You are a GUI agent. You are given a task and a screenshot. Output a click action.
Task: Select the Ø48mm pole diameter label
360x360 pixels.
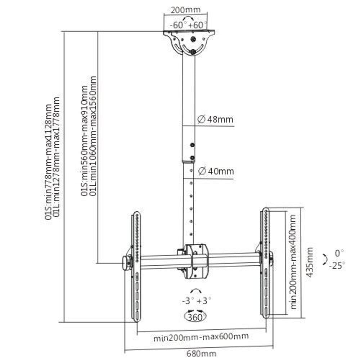[215, 120]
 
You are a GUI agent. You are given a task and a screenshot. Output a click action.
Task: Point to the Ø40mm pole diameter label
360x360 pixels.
[216, 171]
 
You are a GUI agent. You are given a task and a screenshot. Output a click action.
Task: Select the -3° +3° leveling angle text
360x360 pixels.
[196, 300]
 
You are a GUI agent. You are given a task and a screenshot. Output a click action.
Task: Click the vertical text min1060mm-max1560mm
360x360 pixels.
[93, 136]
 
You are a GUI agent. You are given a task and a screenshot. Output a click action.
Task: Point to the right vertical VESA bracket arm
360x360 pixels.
[266, 263]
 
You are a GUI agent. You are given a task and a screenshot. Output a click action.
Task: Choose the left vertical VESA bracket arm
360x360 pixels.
[136, 266]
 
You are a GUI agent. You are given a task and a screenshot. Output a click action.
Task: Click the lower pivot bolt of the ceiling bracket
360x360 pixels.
[193, 52]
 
